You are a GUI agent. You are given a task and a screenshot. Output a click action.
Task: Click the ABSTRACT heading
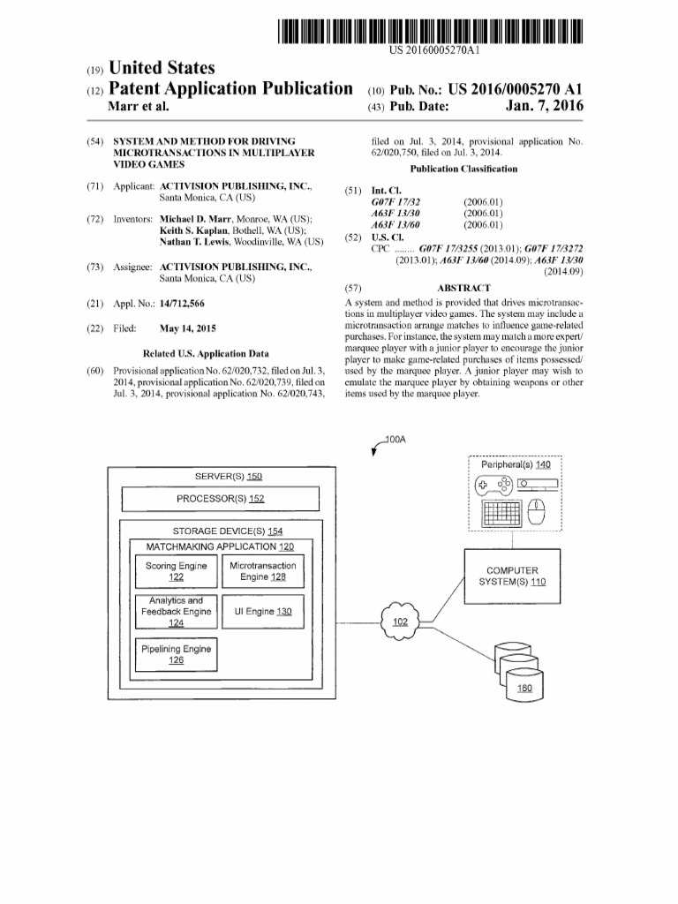(x=463, y=289)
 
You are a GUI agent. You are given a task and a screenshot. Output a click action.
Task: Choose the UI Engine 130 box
(x=263, y=611)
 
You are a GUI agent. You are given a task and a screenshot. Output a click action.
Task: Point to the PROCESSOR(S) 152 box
(x=219, y=499)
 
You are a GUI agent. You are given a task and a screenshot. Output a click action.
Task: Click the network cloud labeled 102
(x=400, y=621)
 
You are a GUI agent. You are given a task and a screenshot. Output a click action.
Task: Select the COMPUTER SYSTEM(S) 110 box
(x=512, y=576)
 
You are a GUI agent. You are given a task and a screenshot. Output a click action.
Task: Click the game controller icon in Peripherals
(x=494, y=485)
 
